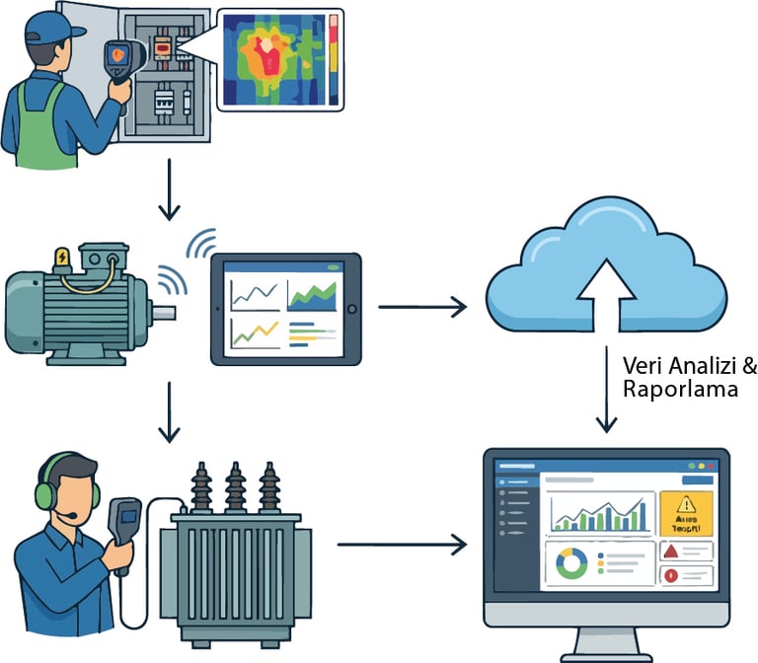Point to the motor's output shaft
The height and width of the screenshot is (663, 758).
tap(164, 313)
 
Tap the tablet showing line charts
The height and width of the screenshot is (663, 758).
tap(285, 307)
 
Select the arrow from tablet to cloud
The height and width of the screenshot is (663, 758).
tap(421, 307)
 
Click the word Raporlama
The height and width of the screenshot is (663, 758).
tap(680, 390)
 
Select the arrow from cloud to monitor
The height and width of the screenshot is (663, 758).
tap(606, 386)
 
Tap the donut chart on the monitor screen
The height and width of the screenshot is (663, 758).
tap(570, 563)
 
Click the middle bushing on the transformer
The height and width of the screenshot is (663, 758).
tap(235, 486)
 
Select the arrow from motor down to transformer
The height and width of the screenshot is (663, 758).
tap(170, 409)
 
